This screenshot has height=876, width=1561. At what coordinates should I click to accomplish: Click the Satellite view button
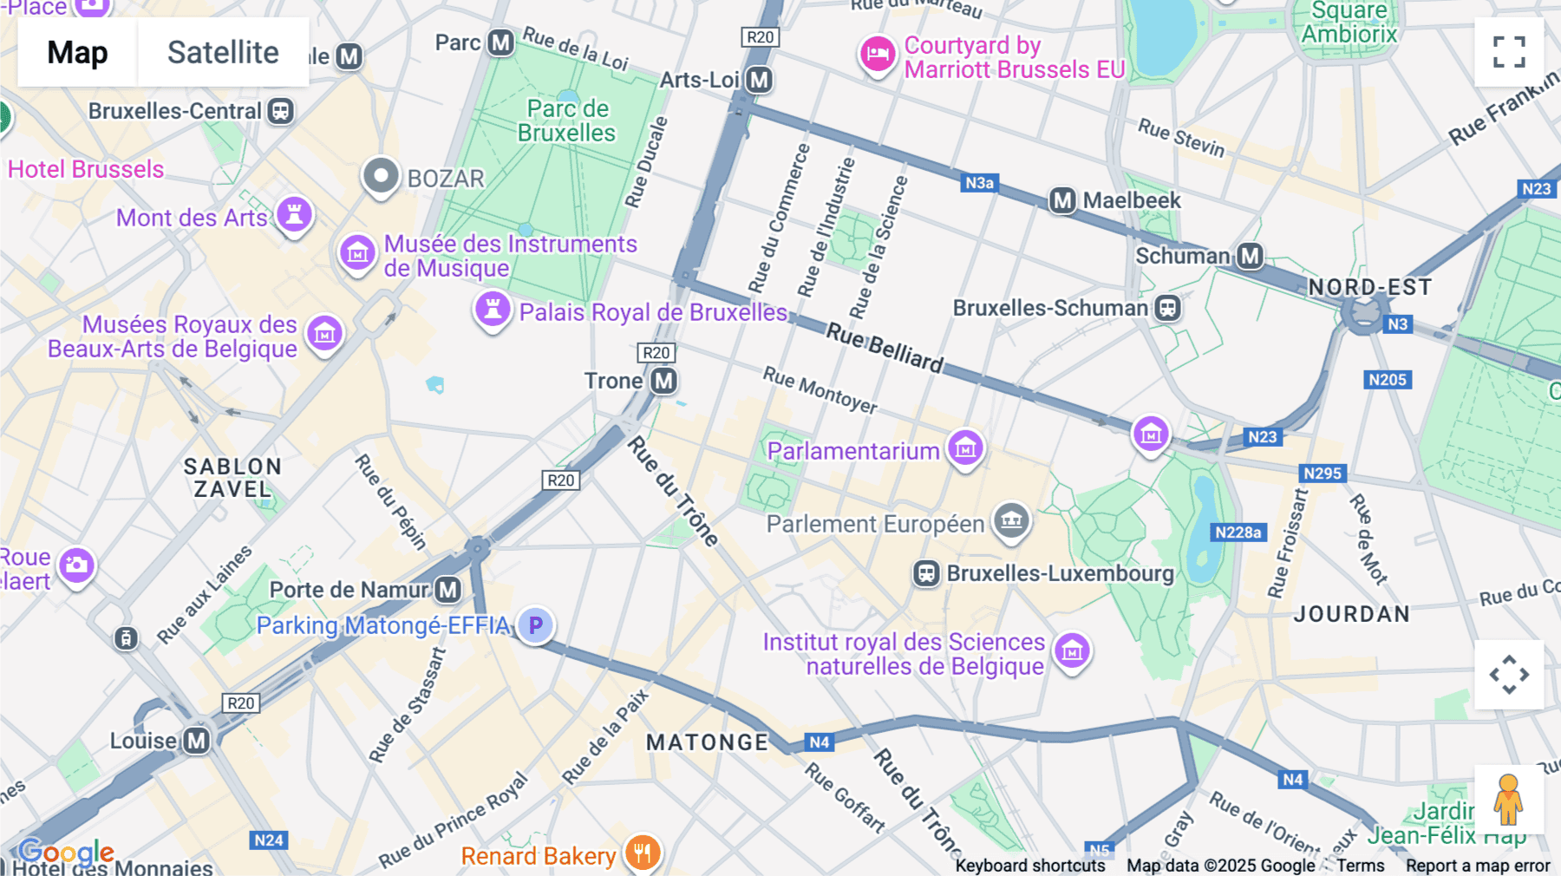[223, 52]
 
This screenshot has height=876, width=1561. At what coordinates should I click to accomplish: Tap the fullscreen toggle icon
[1509, 52]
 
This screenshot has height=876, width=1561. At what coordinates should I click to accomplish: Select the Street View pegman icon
[1508, 800]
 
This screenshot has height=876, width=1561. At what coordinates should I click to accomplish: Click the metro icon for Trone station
[664, 381]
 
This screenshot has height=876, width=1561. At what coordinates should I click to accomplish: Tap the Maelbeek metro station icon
[1062, 200]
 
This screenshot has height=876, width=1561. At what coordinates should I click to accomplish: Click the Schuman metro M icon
[1250, 256]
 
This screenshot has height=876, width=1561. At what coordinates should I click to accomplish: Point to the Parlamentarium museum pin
[965, 448]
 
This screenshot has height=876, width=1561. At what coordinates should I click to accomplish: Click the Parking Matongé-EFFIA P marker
[536, 624]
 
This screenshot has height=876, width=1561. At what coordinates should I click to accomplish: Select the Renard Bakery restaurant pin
[642, 853]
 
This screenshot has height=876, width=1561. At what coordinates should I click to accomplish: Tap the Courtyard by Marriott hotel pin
[877, 55]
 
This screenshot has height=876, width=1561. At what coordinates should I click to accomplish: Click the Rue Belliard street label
[884, 347]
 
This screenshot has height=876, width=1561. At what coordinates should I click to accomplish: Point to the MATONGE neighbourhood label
[707, 742]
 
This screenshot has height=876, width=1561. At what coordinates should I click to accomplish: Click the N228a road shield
[1238, 533]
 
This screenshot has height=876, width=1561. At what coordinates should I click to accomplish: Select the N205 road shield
[1387, 380]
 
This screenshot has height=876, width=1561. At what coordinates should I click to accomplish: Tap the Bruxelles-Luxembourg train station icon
[926, 573]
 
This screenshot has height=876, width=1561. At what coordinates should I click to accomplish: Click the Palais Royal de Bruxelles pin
[493, 310]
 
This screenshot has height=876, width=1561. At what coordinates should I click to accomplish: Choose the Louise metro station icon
[198, 741]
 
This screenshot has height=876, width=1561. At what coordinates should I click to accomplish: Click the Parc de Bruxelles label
[567, 121]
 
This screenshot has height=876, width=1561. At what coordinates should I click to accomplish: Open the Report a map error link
[1478, 866]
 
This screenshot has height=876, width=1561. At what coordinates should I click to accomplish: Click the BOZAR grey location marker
[380, 176]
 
